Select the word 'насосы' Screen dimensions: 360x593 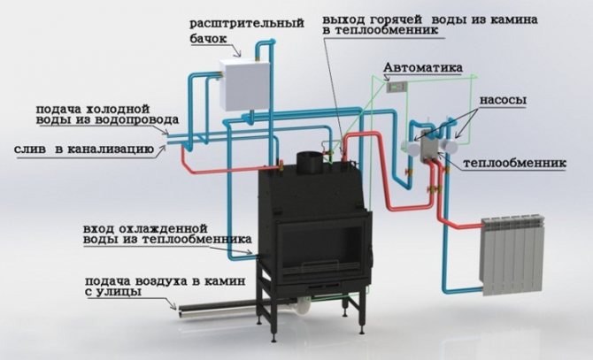pyautogui.click(x=503, y=101)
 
